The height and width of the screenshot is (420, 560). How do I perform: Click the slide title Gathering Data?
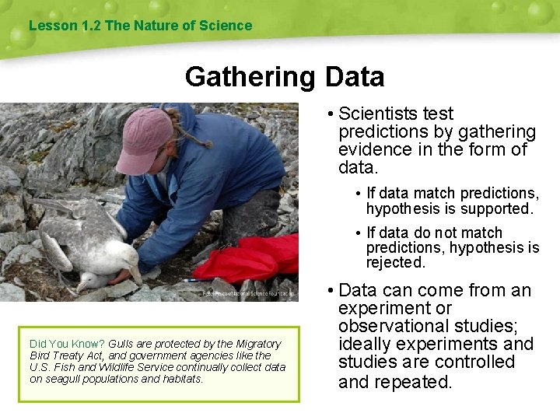point(285,77)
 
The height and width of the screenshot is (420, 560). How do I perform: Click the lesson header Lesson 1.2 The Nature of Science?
point(140,26)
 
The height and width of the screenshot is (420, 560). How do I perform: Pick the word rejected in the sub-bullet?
point(396,263)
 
